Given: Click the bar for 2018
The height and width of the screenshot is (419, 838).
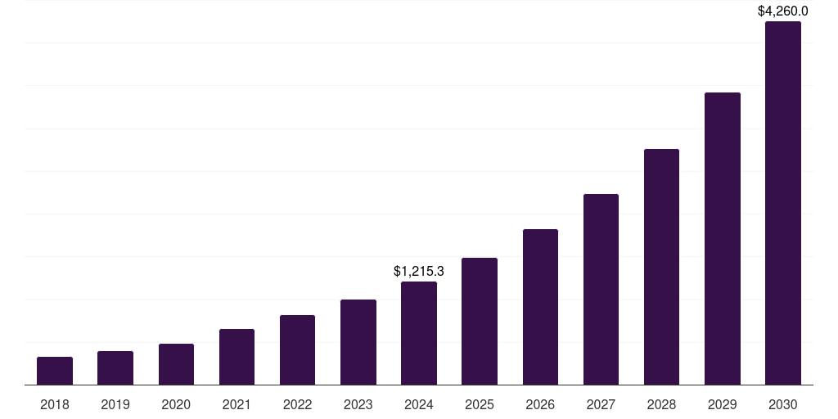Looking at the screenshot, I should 55,371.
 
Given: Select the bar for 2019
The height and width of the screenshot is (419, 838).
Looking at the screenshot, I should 115,367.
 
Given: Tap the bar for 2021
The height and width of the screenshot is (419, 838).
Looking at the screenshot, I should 237,357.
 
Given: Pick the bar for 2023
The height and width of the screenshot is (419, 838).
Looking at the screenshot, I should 358,342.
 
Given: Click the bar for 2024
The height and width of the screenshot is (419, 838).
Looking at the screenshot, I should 419,333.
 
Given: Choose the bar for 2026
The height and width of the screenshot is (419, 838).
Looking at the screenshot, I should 540,307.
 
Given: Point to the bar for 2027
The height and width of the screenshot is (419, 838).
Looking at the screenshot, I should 601,289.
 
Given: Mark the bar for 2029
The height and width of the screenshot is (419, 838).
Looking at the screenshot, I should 722,238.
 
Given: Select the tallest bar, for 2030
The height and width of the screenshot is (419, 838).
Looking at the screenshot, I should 783,203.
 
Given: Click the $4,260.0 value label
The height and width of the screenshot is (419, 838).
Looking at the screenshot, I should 783,11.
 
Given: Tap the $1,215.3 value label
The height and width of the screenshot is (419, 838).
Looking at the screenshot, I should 419,271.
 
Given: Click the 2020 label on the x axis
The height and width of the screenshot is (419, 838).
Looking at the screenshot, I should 176,404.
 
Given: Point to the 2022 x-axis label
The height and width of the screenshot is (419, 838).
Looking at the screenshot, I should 297,404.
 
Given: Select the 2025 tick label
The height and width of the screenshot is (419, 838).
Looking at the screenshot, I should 480,404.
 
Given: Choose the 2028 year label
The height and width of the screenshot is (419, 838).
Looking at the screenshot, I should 661,404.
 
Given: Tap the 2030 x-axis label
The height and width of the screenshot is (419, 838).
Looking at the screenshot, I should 783,404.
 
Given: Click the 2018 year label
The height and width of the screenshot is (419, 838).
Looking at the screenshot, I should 55,404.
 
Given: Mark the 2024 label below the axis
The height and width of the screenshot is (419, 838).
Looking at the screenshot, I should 419,404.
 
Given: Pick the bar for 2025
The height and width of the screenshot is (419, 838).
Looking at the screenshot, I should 480,321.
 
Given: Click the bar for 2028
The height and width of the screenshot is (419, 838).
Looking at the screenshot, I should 661,267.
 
